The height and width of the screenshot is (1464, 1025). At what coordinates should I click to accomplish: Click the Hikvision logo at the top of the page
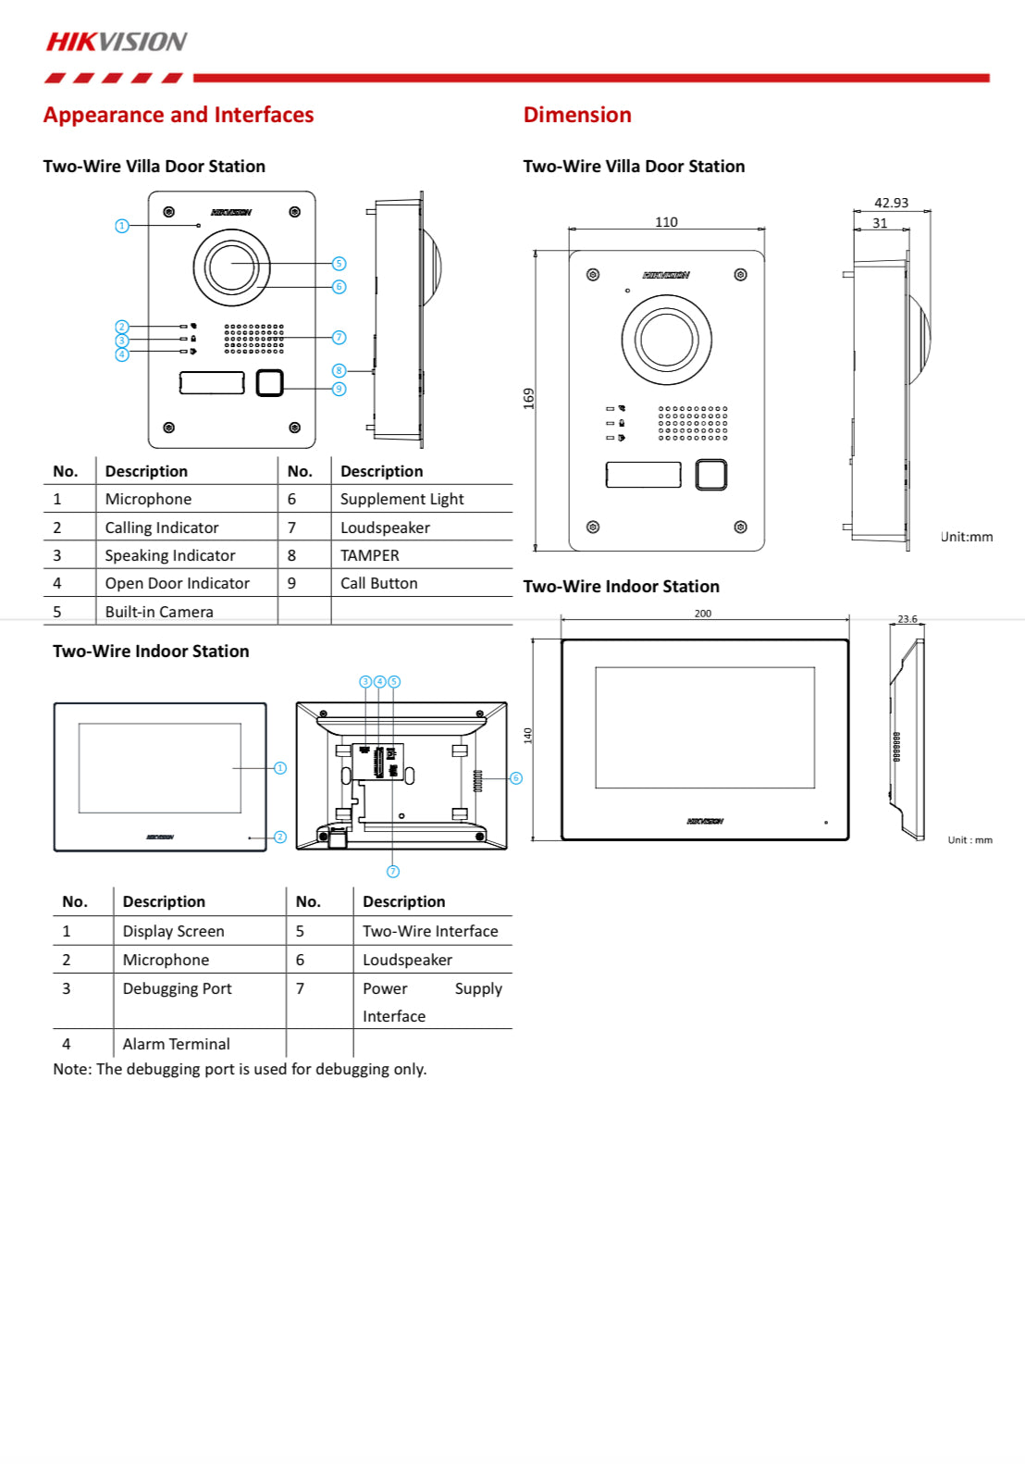(117, 42)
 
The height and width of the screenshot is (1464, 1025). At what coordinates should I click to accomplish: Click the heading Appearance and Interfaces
(178, 115)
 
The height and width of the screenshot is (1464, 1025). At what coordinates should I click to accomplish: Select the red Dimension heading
(577, 115)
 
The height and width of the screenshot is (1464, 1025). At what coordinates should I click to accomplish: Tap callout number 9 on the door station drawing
(339, 389)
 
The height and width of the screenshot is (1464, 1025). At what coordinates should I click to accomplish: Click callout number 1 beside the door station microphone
(121, 226)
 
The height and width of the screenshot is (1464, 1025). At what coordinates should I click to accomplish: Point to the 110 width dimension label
(666, 222)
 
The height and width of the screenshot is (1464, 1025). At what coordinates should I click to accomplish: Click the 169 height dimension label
(529, 399)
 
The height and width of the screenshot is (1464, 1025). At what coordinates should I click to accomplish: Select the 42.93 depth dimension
(891, 203)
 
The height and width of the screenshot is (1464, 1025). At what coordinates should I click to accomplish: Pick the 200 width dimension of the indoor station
(703, 614)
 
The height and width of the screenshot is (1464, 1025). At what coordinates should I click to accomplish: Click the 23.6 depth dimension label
(907, 619)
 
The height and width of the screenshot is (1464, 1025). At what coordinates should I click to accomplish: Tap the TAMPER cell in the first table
(369, 555)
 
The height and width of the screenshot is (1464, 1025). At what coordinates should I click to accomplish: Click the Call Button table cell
(378, 583)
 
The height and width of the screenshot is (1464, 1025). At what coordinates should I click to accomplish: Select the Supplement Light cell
(401, 499)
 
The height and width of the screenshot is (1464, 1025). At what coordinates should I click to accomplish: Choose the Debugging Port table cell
(177, 988)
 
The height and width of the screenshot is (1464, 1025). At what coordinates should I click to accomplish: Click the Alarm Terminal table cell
(176, 1044)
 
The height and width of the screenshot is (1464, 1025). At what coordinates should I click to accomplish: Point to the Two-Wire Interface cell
(430, 931)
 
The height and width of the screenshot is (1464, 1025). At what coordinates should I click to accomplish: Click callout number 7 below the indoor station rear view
(393, 872)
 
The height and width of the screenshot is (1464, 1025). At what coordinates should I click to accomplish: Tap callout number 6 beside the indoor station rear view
(516, 778)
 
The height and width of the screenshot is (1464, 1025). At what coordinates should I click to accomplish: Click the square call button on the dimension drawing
(710, 475)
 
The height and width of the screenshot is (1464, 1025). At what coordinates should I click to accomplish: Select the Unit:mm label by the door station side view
(967, 537)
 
